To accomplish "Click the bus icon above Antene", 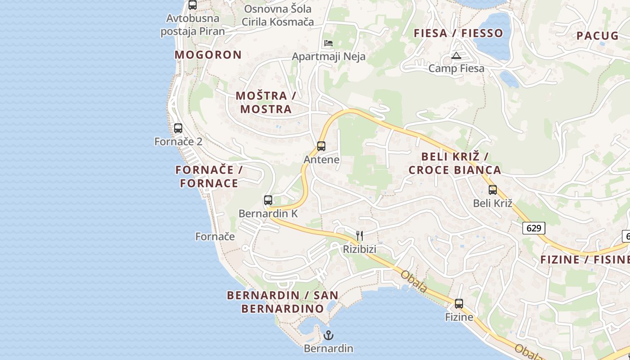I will (321, 146).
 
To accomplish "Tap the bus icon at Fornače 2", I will (178, 128).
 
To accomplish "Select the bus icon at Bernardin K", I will (268, 200).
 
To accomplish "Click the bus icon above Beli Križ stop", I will (493, 190).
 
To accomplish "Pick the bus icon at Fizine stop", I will (459, 304).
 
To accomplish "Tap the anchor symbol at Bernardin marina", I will (328, 335).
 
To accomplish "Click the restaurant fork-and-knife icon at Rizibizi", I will (360, 236).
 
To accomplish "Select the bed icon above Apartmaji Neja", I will (328, 43).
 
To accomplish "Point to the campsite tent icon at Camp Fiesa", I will (456, 56).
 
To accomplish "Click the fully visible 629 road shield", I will (534, 228).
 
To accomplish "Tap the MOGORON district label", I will (208, 55).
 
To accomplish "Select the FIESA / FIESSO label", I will (459, 33).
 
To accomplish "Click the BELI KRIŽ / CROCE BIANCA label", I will (455, 163).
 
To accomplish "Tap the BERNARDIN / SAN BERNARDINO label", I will (283, 302).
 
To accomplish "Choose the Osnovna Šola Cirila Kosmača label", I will (278, 15).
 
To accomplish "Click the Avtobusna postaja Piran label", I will (193, 25).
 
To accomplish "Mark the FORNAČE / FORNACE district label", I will (209, 176).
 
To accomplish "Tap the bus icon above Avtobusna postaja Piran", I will (193, 5).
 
